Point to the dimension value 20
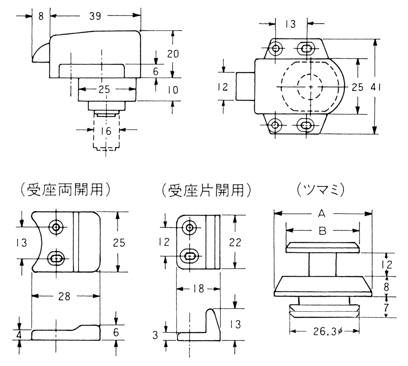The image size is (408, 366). pyautogui.click(x=173, y=53)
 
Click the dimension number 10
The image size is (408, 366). pyautogui.click(x=173, y=89)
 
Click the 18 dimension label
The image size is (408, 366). pyautogui.click(x=198, y=289)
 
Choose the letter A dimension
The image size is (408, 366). pyautogui.click(x=322, y=213)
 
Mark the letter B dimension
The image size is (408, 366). pyautogui.click(x=322, y=231)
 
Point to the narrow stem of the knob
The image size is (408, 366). pyautogui.click(x=322, y=264)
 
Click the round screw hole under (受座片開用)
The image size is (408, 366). pyautogui.click(x=189, y=227)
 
